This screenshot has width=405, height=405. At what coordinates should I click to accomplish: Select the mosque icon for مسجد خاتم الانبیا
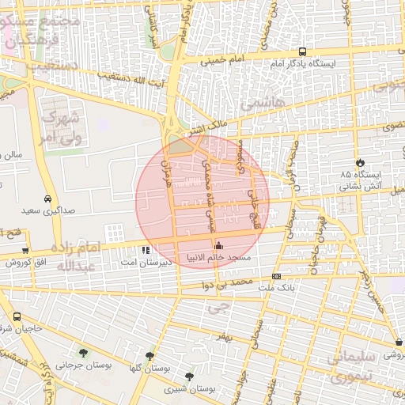point(219,246)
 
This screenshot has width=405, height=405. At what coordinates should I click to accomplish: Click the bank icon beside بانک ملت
point(276,276)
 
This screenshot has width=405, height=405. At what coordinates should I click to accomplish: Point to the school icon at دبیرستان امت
point(145,250)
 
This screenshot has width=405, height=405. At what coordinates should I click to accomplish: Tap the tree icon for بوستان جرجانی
point(83,353)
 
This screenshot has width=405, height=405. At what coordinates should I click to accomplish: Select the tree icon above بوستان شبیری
point(188,377)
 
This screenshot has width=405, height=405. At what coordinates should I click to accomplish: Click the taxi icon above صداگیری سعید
point(48,199)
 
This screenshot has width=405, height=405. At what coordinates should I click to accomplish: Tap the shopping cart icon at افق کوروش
point(26,251)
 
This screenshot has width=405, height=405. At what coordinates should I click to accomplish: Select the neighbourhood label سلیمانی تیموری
point(351,367)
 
